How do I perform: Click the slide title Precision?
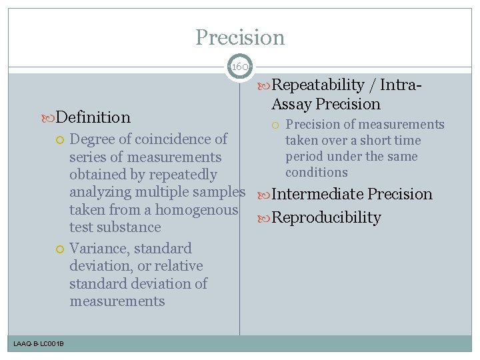(240, 37)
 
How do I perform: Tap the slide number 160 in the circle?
(239, 67)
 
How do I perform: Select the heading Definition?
(93, 117)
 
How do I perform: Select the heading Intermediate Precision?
(352, 194)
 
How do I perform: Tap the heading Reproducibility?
(326, 217)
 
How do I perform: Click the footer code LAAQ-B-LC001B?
(38, 343)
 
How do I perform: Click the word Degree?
(91, 139)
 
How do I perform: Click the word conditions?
(317, 172)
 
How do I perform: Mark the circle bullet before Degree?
(59, 139)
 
